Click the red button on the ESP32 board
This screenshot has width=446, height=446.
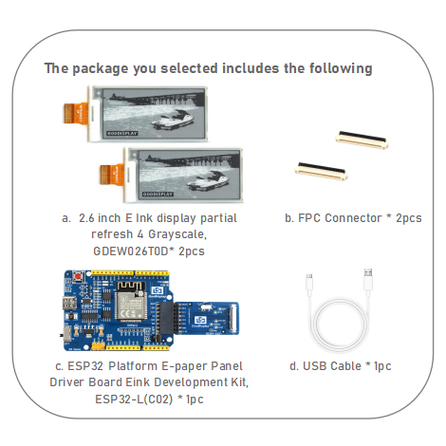coord(75,276)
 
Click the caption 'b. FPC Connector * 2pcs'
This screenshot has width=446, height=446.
coord(353,218)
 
